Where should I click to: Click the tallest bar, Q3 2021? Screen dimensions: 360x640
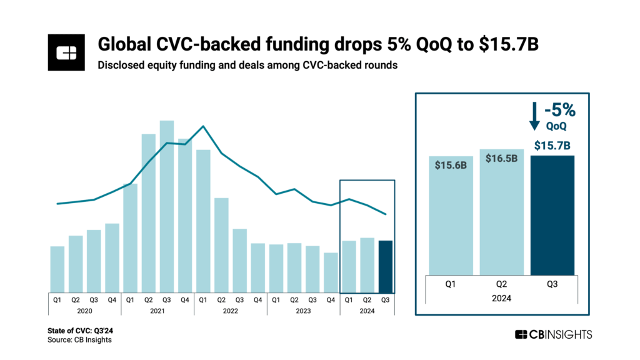(166, 206)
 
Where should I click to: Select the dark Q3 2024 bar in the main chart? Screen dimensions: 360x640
(386, 266)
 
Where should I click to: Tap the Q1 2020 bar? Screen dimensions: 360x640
(57, 269)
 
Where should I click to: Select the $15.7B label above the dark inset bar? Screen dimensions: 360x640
(552, 147)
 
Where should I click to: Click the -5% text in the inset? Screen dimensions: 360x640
(560, 111)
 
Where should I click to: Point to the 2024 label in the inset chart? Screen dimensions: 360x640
(502, 299)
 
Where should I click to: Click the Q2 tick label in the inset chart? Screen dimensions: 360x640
(502, 283)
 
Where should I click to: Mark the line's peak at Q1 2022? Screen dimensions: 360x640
(203, 126)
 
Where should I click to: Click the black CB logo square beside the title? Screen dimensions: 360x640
(66, 52)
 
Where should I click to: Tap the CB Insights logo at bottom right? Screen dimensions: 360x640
(553, 334)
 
